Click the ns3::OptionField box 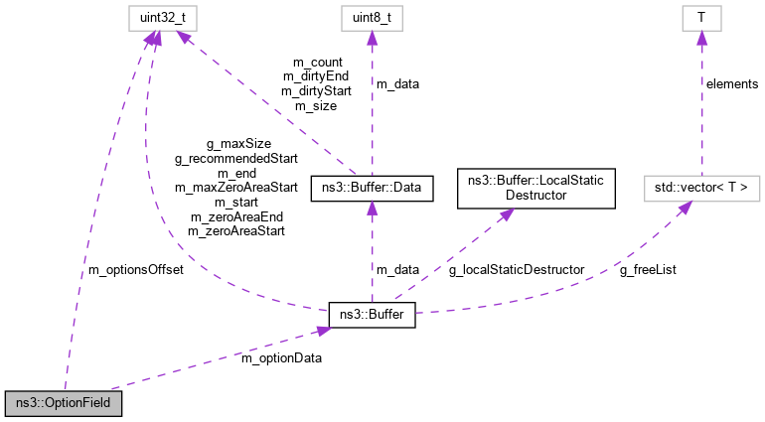point(64,404)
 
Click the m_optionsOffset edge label point(137,269)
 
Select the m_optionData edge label point(282,356)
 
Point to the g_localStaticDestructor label point(517,269)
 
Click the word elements point(732,83)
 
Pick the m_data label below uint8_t point(397,83)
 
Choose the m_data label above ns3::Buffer point(397,269)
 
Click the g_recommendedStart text point(235,157)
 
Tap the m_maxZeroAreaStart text point(235,186)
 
